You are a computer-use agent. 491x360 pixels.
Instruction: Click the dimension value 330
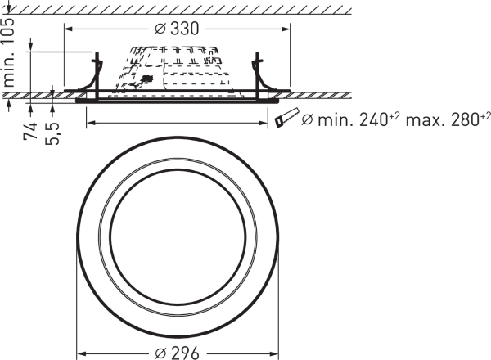(x=185, y=29)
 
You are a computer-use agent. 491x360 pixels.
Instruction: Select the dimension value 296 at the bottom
(x=185, y=353)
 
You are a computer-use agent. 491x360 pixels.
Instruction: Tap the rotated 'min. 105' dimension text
(x=8, y=52)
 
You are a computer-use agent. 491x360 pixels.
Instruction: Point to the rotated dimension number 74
(x=30, y=131)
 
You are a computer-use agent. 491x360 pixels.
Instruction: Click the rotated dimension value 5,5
(x=52, y=133)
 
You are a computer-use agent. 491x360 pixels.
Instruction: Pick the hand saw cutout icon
(x=287, y=117)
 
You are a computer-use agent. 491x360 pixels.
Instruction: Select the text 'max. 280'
(x=442, y=120)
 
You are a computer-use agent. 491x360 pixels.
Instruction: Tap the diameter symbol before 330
(x=160, y=29)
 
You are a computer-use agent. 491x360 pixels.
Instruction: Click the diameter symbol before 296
(x=160, y=353)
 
